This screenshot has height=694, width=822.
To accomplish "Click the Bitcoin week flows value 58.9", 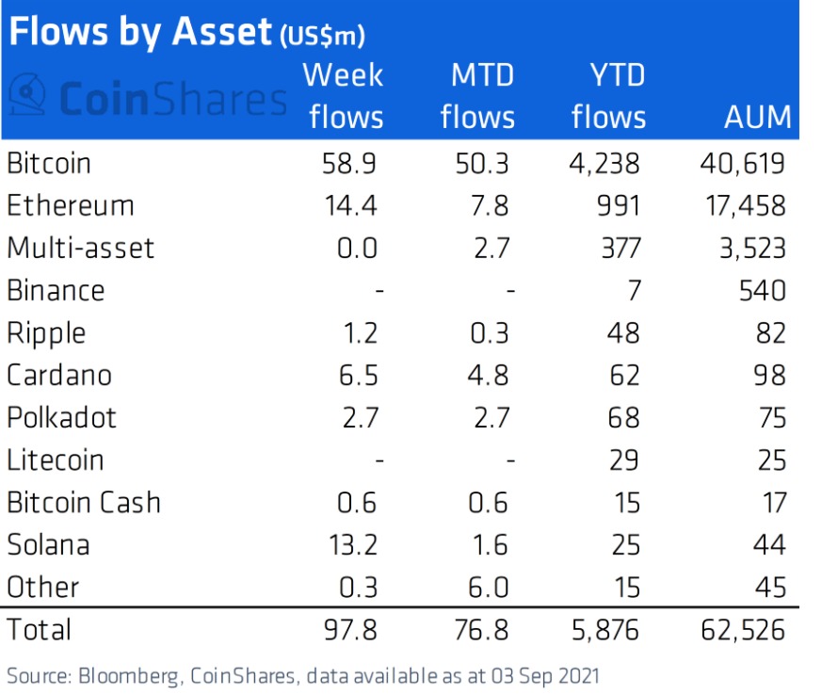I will (348, 164).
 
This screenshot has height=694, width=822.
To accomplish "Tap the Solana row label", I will (48, 544).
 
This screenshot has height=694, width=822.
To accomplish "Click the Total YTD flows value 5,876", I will (605, 629).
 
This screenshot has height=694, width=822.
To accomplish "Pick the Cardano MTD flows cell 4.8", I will (489, 375).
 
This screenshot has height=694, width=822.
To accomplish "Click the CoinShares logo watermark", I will (147, 98).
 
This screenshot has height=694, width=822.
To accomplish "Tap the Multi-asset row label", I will (80, 249).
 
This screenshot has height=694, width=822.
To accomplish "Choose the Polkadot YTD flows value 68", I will (622, 417).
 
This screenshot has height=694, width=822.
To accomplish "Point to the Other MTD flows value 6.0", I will (489, 587).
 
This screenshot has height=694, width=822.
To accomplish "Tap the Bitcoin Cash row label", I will (84, 502).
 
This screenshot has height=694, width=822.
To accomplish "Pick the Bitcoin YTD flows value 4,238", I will (605, 164).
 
